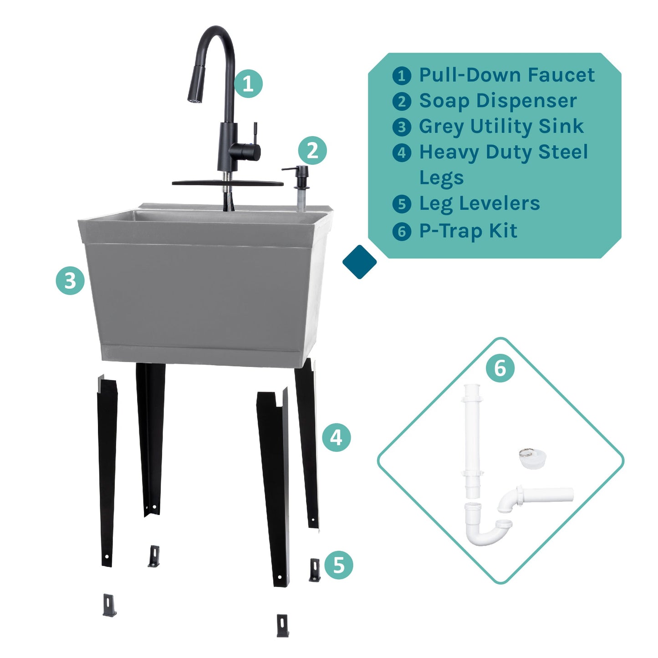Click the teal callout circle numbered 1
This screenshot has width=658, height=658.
[248, 84]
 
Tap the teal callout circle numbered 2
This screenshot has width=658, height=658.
[312, 151]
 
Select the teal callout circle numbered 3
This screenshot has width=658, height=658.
[70, 281]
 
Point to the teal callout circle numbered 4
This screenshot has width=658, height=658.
[336, 438]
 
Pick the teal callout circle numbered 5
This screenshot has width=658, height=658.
[339, 565]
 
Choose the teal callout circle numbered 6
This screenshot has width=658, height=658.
[500, 367]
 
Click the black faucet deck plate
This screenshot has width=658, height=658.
[227, 183]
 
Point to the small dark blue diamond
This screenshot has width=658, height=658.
[359, 262]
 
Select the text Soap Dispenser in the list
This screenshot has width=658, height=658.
[498, 101]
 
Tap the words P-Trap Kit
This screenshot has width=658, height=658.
[468, 231]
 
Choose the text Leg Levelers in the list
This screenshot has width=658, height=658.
[479, 204]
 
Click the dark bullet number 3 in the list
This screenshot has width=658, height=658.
[402, 127]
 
